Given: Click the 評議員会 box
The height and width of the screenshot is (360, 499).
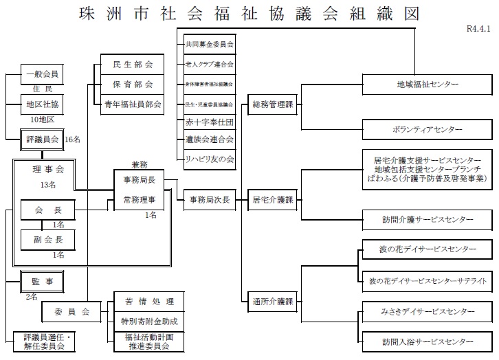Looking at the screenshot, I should (x=43, y=139).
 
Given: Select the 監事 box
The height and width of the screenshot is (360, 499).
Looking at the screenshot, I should (x=43, y=280).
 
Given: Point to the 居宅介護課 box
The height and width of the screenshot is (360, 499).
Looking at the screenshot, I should (x=272, y=201).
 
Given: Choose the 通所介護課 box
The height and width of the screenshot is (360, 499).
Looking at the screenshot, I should (x=272, y=301).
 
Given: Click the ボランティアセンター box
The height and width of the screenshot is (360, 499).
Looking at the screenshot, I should (x=427, y=129).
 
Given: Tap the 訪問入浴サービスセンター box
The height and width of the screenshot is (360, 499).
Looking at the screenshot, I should (x=427, y=341).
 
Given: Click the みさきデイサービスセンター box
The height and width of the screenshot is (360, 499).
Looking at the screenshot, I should (x=427, y=312).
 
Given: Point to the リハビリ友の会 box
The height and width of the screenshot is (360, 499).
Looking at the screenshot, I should (x=209, y=159).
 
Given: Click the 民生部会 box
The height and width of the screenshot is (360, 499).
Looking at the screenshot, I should (x=132, y=65).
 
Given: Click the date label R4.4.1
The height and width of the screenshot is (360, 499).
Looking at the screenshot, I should (x=479, y=30).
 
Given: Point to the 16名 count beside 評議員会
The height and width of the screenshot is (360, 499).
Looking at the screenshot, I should (x=73, y=139).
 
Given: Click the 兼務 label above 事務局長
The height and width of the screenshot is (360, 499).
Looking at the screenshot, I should (x=140, y=165).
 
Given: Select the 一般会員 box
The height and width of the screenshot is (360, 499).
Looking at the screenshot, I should (x=42, y=74).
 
